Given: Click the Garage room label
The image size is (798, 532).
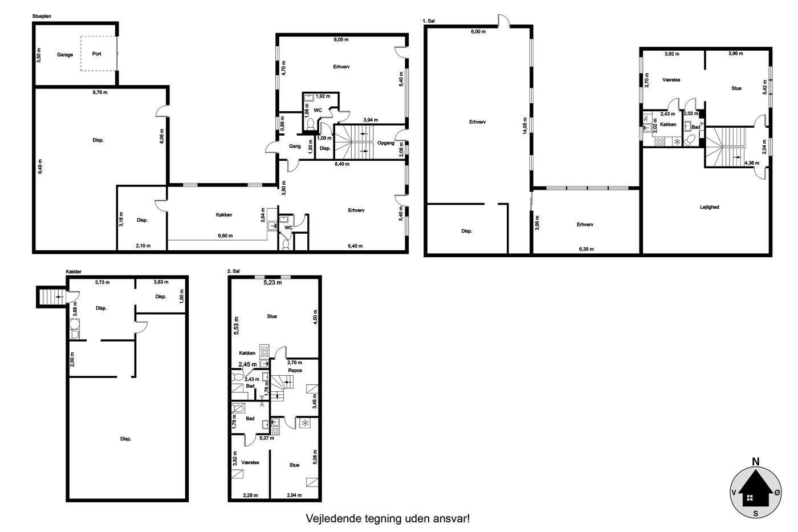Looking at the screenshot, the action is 65,55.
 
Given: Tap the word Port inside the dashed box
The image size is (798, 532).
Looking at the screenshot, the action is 96,54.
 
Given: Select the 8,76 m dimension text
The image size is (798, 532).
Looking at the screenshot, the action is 100,92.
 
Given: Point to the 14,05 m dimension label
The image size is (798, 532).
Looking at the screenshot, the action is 525,126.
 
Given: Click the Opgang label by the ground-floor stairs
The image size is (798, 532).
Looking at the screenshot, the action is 386,143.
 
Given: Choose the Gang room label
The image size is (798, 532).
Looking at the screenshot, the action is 295,146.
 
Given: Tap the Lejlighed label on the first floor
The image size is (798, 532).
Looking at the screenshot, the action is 709,207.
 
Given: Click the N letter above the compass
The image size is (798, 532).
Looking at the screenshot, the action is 755,462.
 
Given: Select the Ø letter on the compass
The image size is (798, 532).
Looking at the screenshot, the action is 777,493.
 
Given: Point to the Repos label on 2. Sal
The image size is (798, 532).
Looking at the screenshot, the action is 295,370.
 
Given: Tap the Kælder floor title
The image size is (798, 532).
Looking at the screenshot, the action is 74,271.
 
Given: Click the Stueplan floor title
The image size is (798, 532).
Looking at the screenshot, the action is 42,16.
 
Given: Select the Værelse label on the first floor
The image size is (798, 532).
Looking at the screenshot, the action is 671,80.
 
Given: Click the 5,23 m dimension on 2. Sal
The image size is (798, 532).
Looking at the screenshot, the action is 272,283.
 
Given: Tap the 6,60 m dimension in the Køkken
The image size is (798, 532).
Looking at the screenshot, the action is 225,235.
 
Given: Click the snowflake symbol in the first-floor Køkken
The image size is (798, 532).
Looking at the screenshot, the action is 677,142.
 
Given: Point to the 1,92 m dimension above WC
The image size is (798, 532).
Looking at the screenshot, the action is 323,96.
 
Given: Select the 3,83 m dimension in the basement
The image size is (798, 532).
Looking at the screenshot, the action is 161,282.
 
